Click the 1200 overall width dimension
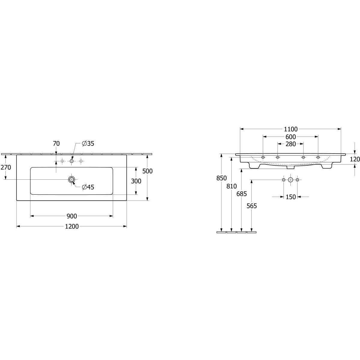coord(72,226)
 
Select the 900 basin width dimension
coord(72,216)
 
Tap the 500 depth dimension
coord(147,171)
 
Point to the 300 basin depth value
coord(136,181)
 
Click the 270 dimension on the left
coord(6,167)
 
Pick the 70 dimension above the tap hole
coord(56,143)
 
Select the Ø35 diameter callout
coord(88,143)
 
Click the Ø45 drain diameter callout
coord(88,187)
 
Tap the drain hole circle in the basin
coord(71,179)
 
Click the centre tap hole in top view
coord(71,161)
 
